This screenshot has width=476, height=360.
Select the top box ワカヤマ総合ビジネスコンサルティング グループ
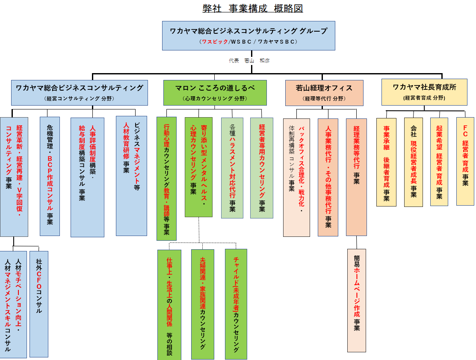pos(248,35)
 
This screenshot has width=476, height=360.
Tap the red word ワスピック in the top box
pos(213,41)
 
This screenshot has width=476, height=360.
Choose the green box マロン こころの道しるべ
pos(215,92)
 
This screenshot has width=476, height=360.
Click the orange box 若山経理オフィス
pos(324,92)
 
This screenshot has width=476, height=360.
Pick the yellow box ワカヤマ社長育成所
pos(424,92)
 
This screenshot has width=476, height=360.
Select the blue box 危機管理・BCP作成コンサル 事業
pos(50,176)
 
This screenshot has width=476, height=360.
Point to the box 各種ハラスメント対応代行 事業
pos(232,168)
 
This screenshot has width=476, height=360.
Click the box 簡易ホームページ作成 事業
pos(356,300)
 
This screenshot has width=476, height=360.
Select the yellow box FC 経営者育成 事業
pos(465,161)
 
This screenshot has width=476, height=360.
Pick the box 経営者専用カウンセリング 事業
pos(261,168)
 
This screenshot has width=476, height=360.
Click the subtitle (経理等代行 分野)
pos(324,99)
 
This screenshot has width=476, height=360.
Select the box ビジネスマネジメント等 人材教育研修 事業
pos(131,176)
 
